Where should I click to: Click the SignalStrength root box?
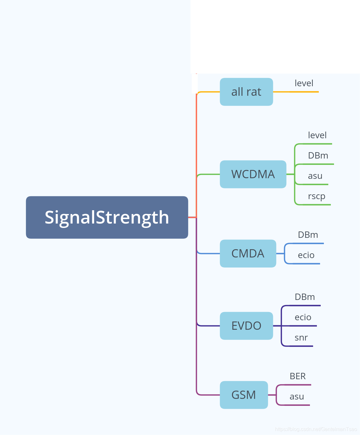(x=107, y=217)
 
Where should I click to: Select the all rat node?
(x=246, y=92)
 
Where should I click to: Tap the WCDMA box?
(x=253, y=174)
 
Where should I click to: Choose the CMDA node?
(x=248, y=254)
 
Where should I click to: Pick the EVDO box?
(x=246, y=326)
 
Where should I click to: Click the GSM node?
(x=244, y=395)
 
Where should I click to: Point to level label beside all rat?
(x=304, y=83)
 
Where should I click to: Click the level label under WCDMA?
(x=317, y=135)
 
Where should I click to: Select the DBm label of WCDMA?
(x=318, y=156)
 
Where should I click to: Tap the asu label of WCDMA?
(x=315, y=176)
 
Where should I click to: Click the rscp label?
(x=316, y=196)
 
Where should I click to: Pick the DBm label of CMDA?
(x=308, y=235)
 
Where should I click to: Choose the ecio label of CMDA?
(x=306, y=255)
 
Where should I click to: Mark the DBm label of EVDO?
(x=305, y=297)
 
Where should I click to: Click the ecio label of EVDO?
(x=303, y=317)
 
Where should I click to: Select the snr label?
(x=301, y=338)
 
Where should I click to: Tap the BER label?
(x=298, y=376)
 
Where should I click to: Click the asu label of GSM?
(x=297, y=397)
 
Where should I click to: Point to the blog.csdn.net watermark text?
(x=316, y=429)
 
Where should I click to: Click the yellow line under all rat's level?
(x=304, y=92)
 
